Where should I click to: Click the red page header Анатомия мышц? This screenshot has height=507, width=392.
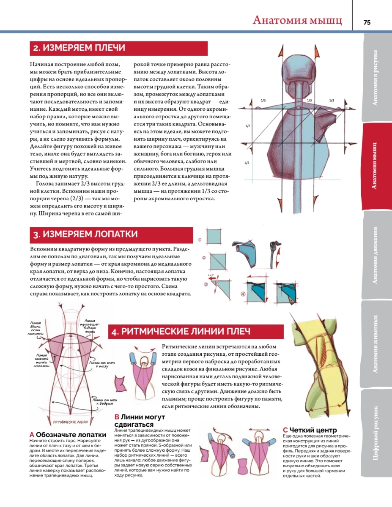tap(297, 20)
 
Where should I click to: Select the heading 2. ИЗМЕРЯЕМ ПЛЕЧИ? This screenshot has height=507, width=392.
tap(79, 48)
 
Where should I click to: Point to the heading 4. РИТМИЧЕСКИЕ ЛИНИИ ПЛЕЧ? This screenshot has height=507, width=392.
tap(181, 332)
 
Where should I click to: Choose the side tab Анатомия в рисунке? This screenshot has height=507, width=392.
tap(376, 77)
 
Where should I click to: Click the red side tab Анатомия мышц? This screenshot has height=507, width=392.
tap(376, 166)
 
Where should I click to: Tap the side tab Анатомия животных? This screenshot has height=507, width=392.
tap(376, 344)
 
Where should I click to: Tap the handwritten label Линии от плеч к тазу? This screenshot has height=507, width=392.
tap(101, 364)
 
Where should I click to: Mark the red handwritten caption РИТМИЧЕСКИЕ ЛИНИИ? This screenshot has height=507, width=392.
tap(71, 422)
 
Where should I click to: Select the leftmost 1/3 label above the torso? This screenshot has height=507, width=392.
tap(263, 100)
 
